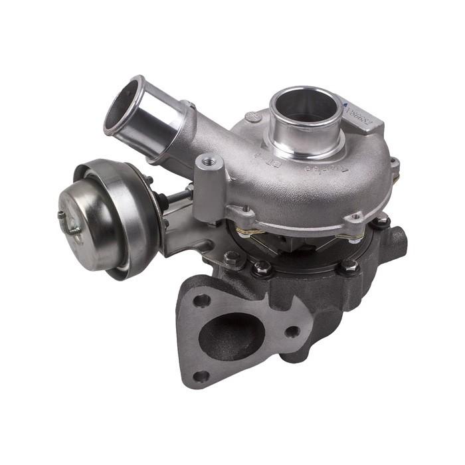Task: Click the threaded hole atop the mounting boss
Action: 211,160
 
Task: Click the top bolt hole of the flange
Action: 201,300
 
